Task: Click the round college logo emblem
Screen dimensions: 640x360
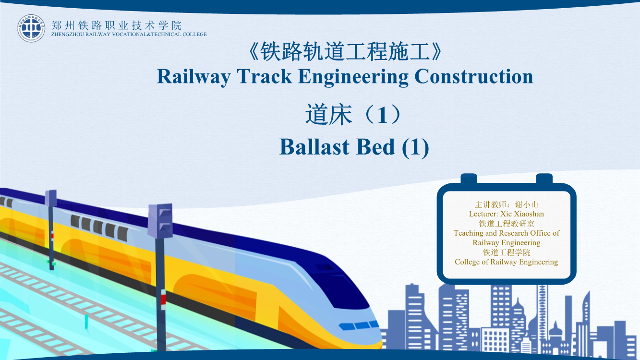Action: click(x=31, y=28)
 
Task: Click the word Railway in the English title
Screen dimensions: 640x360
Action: click(x=194, y=77)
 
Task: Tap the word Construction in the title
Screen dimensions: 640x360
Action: click(x=474, y=77)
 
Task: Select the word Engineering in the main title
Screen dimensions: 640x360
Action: click(x=353, y=77)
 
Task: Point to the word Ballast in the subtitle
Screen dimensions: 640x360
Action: click(x=314, y=147)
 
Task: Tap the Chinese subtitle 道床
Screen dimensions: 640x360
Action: click(x=328, y=115)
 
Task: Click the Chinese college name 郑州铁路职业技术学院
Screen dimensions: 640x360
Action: click(x=117, y=25)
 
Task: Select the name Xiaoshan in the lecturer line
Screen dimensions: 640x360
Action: click(x=529, y=214)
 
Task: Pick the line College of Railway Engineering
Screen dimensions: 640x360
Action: click(x=506, y=262)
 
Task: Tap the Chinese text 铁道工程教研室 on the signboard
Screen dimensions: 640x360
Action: click(x=506, y=224)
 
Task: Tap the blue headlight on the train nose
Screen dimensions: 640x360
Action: click(x=358, y=325)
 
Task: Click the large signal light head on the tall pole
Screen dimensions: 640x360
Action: click(x=160, y=221)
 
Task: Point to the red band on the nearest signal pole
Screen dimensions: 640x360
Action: click(x=163, y=300)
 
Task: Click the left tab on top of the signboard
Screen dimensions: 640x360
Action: click(x=469, y=179)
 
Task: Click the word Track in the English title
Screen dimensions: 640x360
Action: click(x=264, y=77)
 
